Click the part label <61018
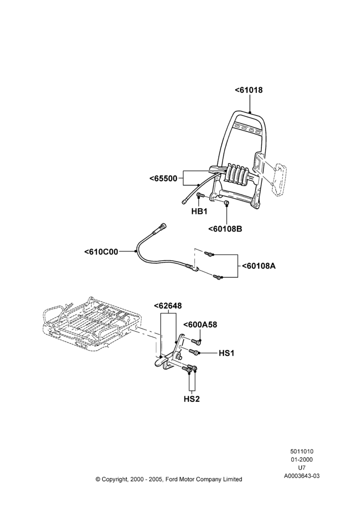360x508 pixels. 249,90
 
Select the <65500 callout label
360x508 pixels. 163,178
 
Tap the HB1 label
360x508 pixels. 199,211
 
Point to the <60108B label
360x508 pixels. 225,229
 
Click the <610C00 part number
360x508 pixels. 101,251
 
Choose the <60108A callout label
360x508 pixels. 259,266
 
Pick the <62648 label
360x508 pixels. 168,305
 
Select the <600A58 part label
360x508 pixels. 200,325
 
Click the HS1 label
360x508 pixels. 226,353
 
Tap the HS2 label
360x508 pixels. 192,399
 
